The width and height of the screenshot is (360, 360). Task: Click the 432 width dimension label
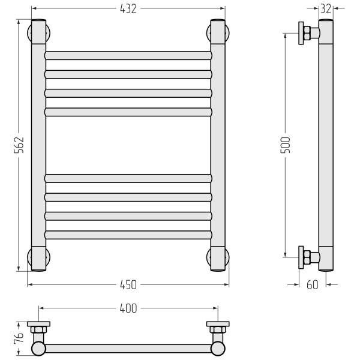click(128, 9)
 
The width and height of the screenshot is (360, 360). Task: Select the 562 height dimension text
click(19, 145)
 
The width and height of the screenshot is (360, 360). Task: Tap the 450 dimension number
click(128, 284)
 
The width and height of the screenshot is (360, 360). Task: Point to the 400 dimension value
click(128, 308)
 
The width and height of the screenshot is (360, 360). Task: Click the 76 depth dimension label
click(19, 337)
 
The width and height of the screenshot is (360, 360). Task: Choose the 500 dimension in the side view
click(285, 145)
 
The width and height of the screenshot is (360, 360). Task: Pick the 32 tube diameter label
click(326, 9)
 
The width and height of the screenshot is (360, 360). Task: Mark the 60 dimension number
click(313, 284)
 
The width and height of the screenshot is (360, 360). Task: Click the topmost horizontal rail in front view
click(128, 56)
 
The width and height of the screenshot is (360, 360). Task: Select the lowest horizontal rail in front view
click(128, 235)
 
